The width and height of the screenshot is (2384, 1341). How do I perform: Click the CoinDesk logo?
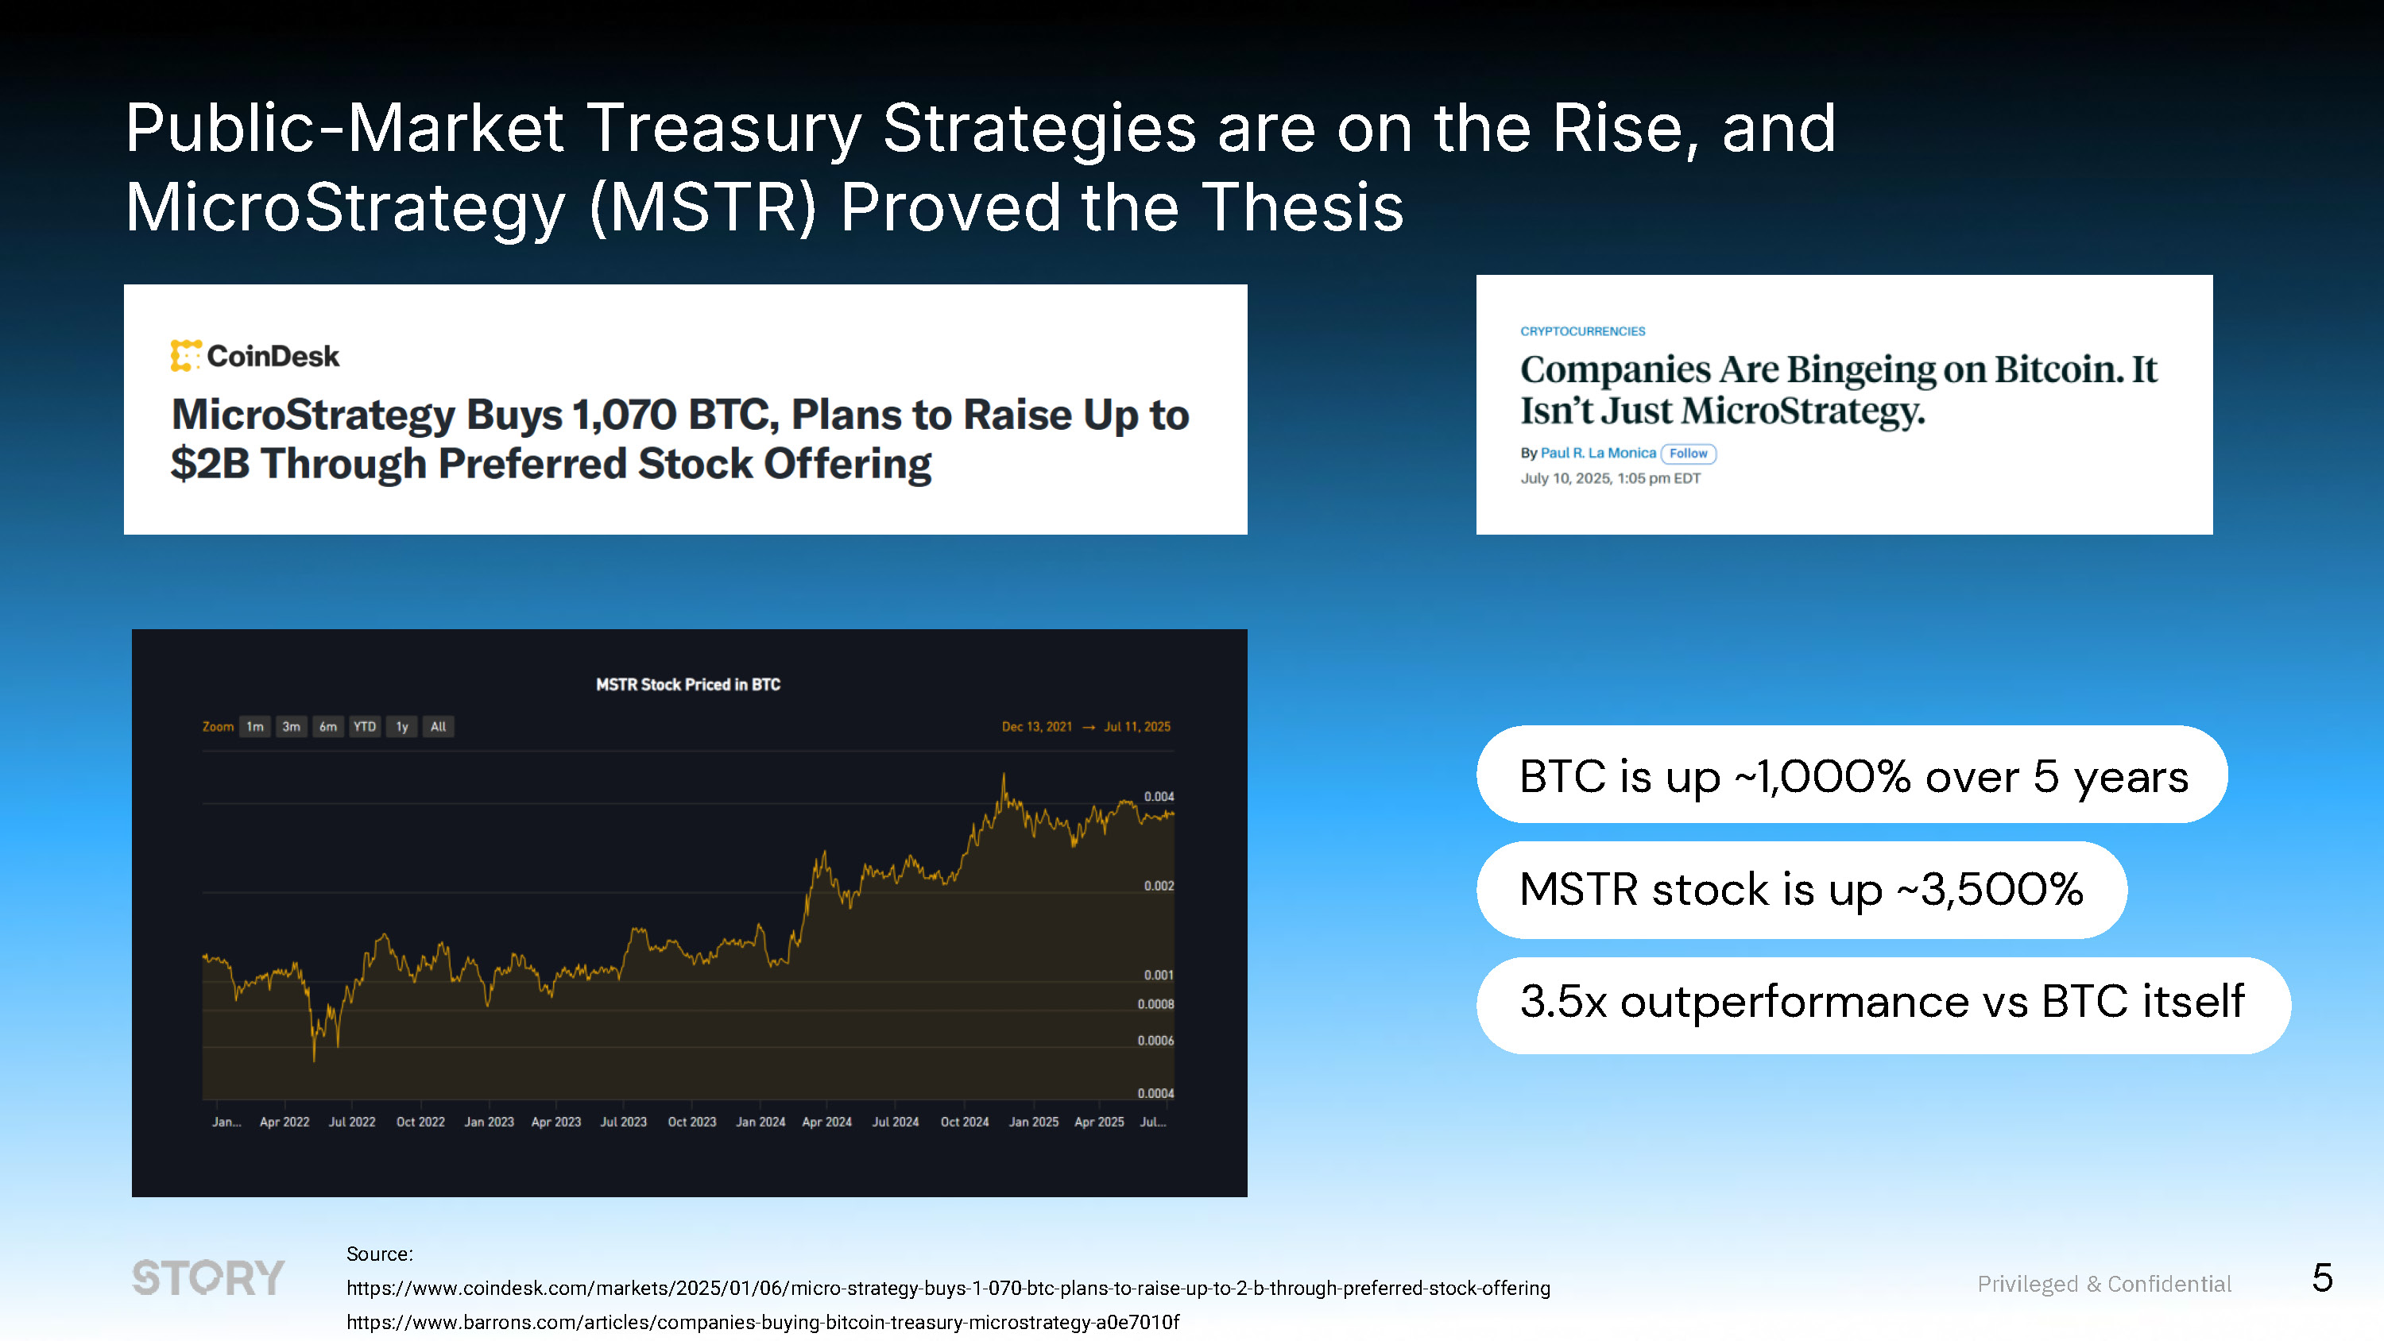(254, 357)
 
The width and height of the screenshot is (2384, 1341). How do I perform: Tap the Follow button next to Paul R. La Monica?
(1688, 454)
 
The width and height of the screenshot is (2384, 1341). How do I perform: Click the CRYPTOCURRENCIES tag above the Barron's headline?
(1581, 331)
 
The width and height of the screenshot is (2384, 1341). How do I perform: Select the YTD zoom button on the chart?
(365, 726)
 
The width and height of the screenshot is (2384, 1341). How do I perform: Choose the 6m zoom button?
(327, 726)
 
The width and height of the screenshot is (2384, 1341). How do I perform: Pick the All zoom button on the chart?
(439, 726)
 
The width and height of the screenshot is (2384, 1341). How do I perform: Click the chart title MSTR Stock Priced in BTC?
(687, 685)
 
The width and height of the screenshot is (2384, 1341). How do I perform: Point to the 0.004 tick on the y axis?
(1159, 797)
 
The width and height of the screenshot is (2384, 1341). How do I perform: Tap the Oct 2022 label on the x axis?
(420, 1122)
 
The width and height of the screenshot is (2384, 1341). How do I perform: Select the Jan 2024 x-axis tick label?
(760, 1122)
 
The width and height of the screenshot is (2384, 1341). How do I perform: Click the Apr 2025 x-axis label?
(1098, 1122)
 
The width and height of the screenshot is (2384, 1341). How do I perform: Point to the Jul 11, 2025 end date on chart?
(1136, 726)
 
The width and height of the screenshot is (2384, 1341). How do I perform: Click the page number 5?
(2321, 1278)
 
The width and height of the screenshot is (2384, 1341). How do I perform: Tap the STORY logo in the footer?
(208, 1278)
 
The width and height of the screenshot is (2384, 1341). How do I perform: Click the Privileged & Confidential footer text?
(2103, 1284)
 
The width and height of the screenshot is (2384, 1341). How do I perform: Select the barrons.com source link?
(763, 1322)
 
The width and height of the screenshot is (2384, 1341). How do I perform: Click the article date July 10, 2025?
(1610, 478)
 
